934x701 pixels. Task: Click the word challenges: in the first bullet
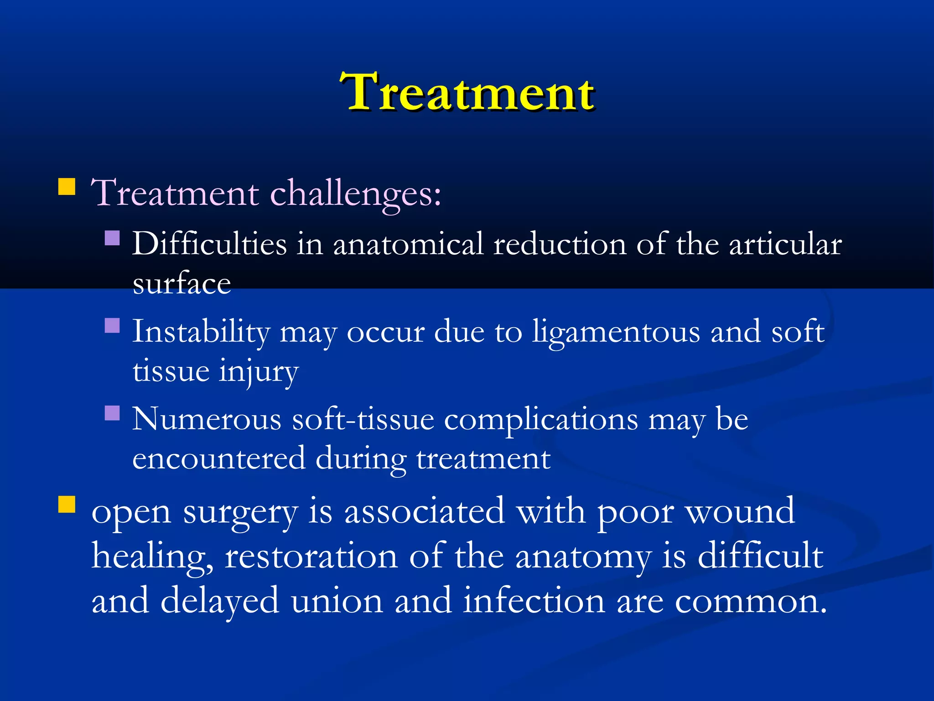click(356, 194)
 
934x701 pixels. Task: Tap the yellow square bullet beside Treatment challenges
click(67, 187)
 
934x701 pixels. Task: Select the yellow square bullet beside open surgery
click(67, 505)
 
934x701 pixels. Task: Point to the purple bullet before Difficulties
click(112, 238)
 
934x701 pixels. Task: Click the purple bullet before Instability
click(112, 325)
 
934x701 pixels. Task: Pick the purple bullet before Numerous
click(112, 413)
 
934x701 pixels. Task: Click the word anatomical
click(408, 244)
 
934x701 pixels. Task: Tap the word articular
click(785, 244)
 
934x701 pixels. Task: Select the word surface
click(182, 284)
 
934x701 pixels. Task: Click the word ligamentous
click(616, 332)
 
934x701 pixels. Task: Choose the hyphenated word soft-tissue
click(363, 419)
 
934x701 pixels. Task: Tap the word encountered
click(218, 458)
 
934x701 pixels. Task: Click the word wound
click(741, 511)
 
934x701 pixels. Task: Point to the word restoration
click(311, 556)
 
